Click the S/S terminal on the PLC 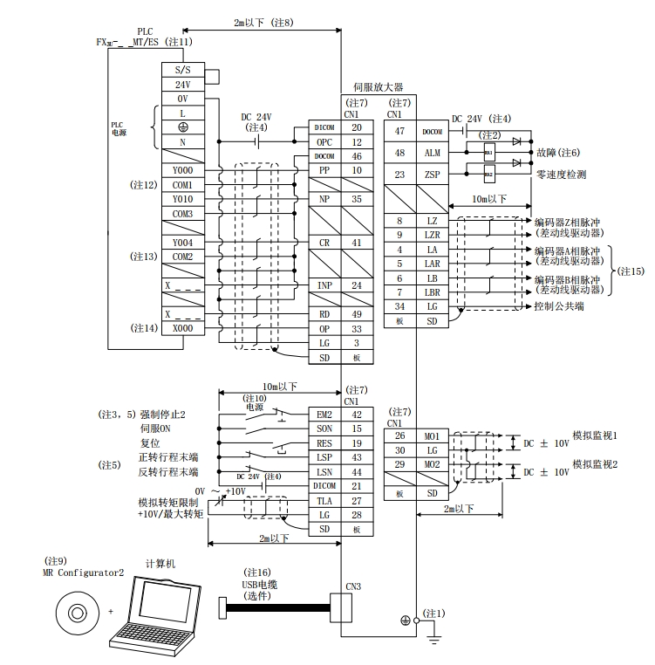(x=182, y=69)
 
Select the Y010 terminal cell (x=182, y=199)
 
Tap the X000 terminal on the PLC (x=182, y=328)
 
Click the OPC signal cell (x=324, y=141)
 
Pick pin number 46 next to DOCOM (x=357, y=155)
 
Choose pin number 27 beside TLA (x=357, y=500)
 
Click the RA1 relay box (x=488, y=154)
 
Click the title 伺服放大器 (x=378, y=87)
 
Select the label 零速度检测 (x=562, y=175)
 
